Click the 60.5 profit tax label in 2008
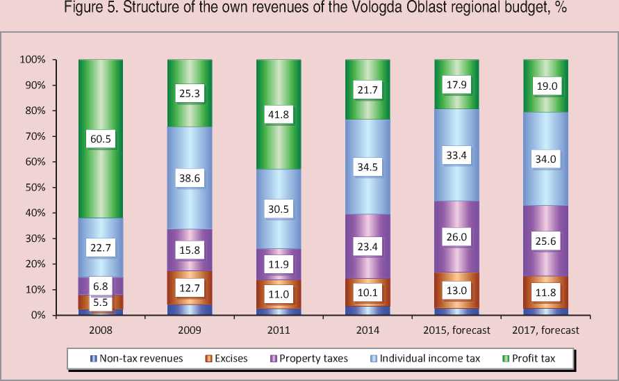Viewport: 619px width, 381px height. click(101, 139)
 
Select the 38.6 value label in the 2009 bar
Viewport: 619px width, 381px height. click(190, 178)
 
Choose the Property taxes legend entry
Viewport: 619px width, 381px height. click(313, 359)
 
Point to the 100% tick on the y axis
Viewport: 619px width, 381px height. click(33, 60)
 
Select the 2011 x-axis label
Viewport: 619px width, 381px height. click(279, 330)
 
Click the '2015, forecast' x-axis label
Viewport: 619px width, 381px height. click(456, 330)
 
